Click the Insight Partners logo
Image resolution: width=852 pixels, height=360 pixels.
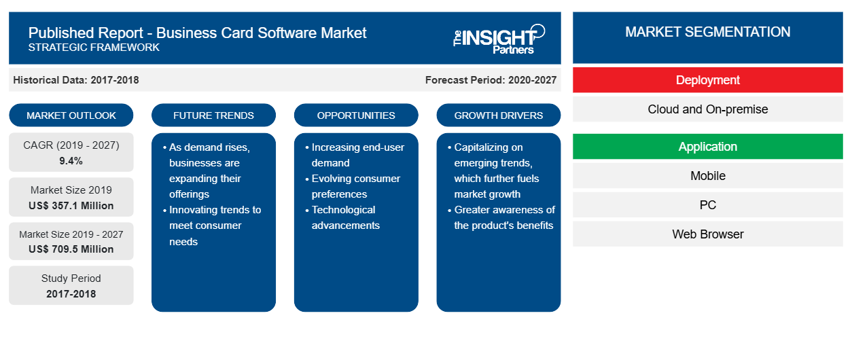click(499, 39)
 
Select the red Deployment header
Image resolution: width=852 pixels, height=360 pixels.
click(707, 80)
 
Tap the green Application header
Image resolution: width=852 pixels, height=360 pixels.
click(707, 146)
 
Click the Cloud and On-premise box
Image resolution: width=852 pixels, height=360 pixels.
click(707, 109)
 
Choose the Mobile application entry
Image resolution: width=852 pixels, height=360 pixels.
click(707, 176)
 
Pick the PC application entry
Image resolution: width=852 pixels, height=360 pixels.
click(707, 205)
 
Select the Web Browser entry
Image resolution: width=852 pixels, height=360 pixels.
click(707, 234)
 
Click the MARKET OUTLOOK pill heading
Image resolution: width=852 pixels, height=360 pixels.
click(71, 115)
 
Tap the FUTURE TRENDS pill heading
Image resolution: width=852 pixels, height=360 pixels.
click(213, 115)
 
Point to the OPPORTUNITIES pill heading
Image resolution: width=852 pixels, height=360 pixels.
click(356, 115)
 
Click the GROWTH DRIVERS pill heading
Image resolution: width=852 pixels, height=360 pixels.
click(498, 115)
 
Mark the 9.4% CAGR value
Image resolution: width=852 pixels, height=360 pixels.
click(71, 161)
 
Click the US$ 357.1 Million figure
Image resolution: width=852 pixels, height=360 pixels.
click(71, 206)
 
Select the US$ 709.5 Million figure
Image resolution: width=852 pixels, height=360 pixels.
click(71, 249)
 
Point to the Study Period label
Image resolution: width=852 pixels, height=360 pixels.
click(71, 278)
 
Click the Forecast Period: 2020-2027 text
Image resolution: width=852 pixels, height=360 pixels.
click(491, 80)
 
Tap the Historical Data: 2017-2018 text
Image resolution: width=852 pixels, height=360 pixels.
click(76, 80)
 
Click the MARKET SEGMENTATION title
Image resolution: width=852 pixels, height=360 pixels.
click(707, 32)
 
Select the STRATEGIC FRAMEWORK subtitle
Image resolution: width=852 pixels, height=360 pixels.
click(94, 48)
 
